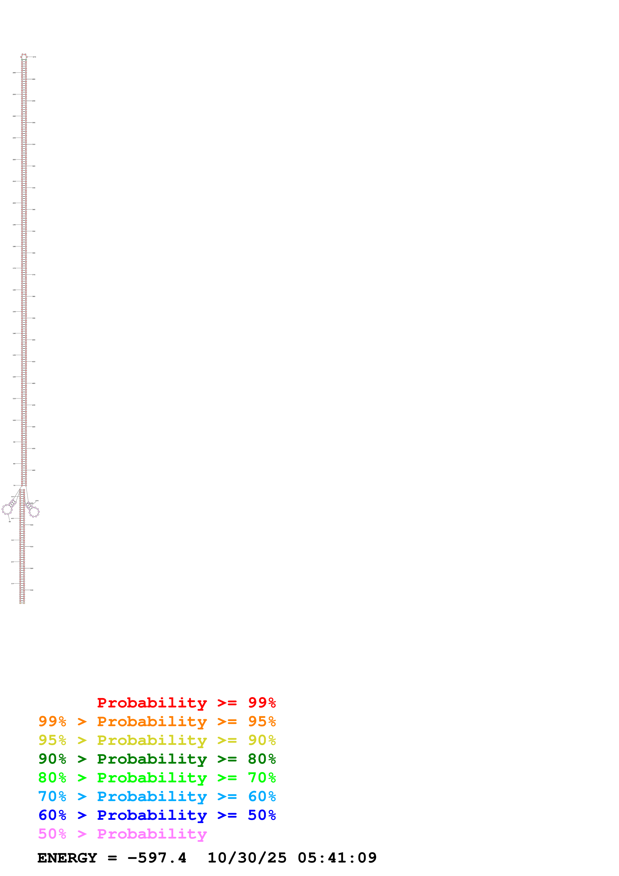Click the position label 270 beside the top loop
[34, 57]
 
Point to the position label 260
[14, 72]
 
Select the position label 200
[14, 203]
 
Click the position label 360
[33, 253]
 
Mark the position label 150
[14, 312]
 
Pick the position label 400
[33, 340]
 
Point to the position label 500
[32, 525]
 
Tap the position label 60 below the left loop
[10, 522]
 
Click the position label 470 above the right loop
[37, 501]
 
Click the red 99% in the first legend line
[262, 702]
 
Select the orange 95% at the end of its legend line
[262, 721]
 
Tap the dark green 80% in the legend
[262, 759]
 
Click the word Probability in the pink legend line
[152, 834]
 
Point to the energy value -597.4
[157, 858]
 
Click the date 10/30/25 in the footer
[247, 858]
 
